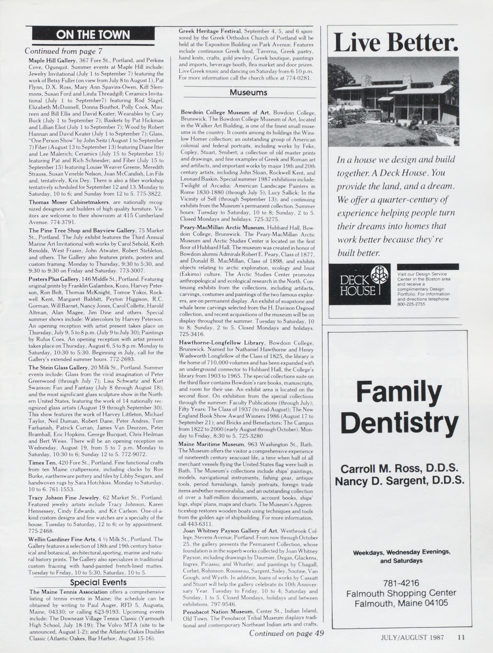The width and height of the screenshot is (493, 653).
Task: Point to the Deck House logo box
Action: coord(360,284)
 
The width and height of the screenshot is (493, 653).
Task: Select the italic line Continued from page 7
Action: coord(63,51)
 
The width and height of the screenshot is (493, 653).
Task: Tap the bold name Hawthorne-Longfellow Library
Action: coord(221,343)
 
